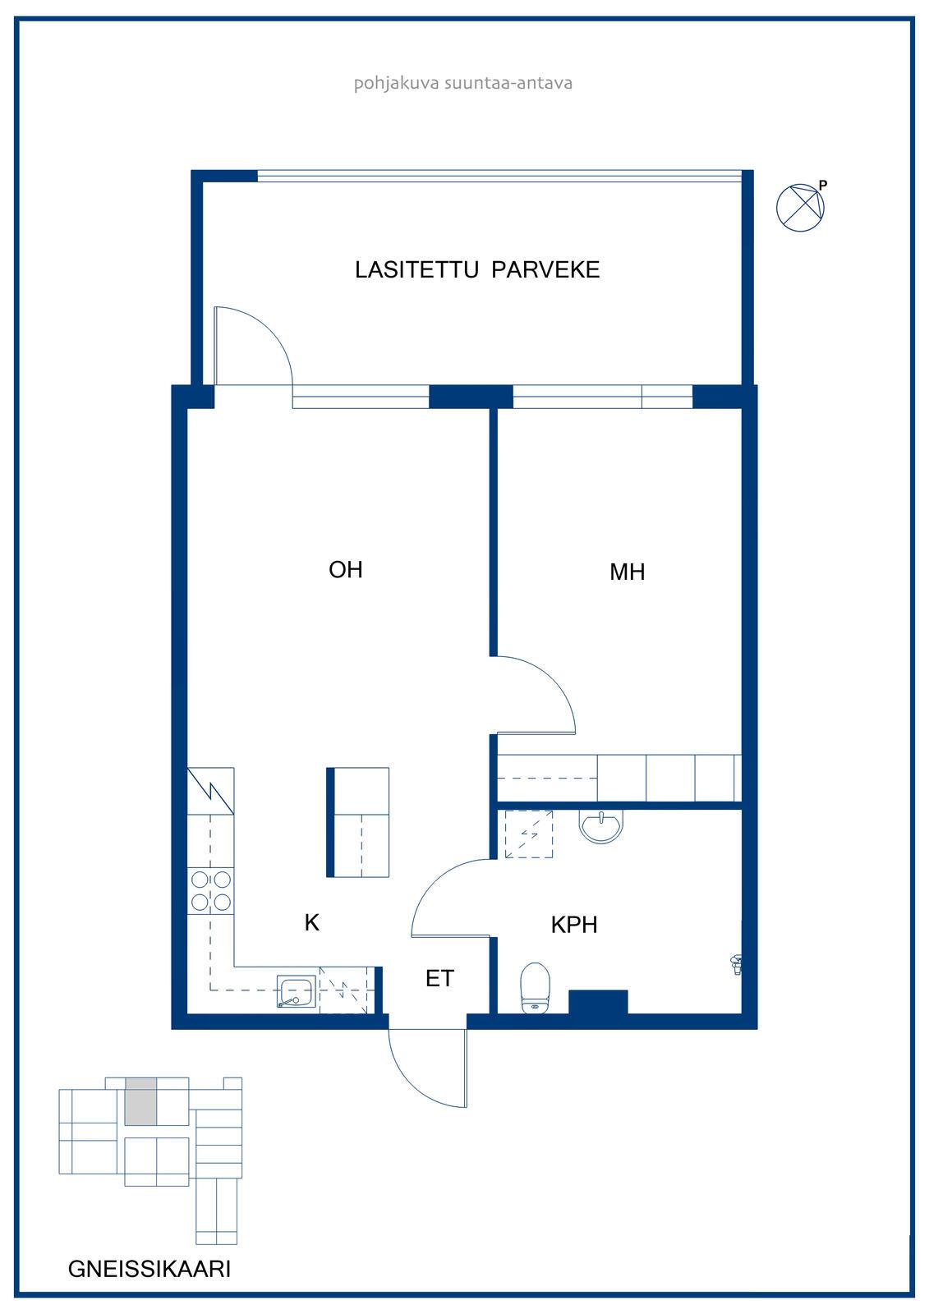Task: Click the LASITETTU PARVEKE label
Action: (477, 270)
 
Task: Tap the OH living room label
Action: (345, 570)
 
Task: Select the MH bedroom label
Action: (628, 572)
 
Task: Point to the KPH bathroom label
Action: (574, 925)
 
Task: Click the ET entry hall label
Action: (439, 978)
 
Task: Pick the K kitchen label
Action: (311, 923)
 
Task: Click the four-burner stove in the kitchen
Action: (210, 891)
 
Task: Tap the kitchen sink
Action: (297, 992)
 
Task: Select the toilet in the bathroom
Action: (536, 987)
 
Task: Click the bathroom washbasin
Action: (601, 826)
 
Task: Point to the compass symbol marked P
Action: (801, 206)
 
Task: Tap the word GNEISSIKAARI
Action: (149, 1269)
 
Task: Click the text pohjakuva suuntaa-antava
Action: (463, 83)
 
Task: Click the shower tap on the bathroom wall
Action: (736, 964)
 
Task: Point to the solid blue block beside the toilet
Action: (598, 1001)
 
